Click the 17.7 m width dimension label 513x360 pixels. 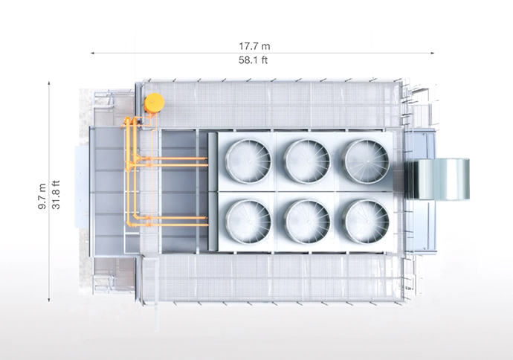pos(254,46)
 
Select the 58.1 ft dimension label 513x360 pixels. pos(253,60)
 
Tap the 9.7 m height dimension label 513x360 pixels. pos(42,196)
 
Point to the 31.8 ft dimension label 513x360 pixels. pos(56,195)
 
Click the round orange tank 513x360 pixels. pos(154,103)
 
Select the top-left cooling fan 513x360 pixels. pos(248,161)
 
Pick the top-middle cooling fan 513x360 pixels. pos(307,161)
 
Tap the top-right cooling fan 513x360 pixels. pos(366,161)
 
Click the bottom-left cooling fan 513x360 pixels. pos(248,221)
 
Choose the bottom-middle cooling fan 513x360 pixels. pos(307,221)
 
